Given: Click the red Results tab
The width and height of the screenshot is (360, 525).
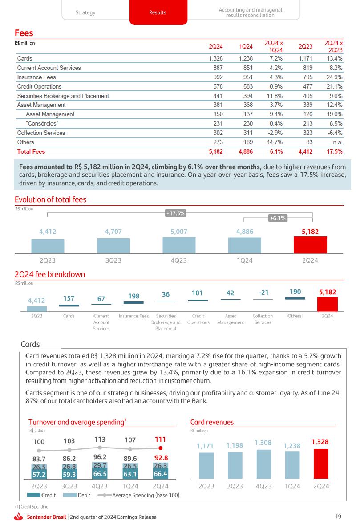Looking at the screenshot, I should (158, 12).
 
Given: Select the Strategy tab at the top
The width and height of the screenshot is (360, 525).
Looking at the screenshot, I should (85, 12).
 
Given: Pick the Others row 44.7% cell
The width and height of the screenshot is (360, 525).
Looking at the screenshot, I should (275, 142).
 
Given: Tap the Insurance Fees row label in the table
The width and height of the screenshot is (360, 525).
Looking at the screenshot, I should (36, 77).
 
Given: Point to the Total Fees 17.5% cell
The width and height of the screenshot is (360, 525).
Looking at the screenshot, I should (334, 151).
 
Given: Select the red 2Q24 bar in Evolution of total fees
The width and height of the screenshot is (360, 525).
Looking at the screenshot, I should (310, 245).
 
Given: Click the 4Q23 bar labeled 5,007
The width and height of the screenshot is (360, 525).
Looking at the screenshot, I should (179, 245).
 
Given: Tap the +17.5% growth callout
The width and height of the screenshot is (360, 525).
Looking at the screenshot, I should (175, 214).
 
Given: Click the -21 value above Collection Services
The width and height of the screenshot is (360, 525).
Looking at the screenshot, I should (263, 293).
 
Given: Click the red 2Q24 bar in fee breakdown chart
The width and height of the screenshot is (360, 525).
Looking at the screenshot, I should (327, 304).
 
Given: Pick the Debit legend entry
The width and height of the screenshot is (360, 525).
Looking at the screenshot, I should (74, 495).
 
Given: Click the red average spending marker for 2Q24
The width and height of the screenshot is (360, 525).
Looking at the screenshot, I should (161, 448).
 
